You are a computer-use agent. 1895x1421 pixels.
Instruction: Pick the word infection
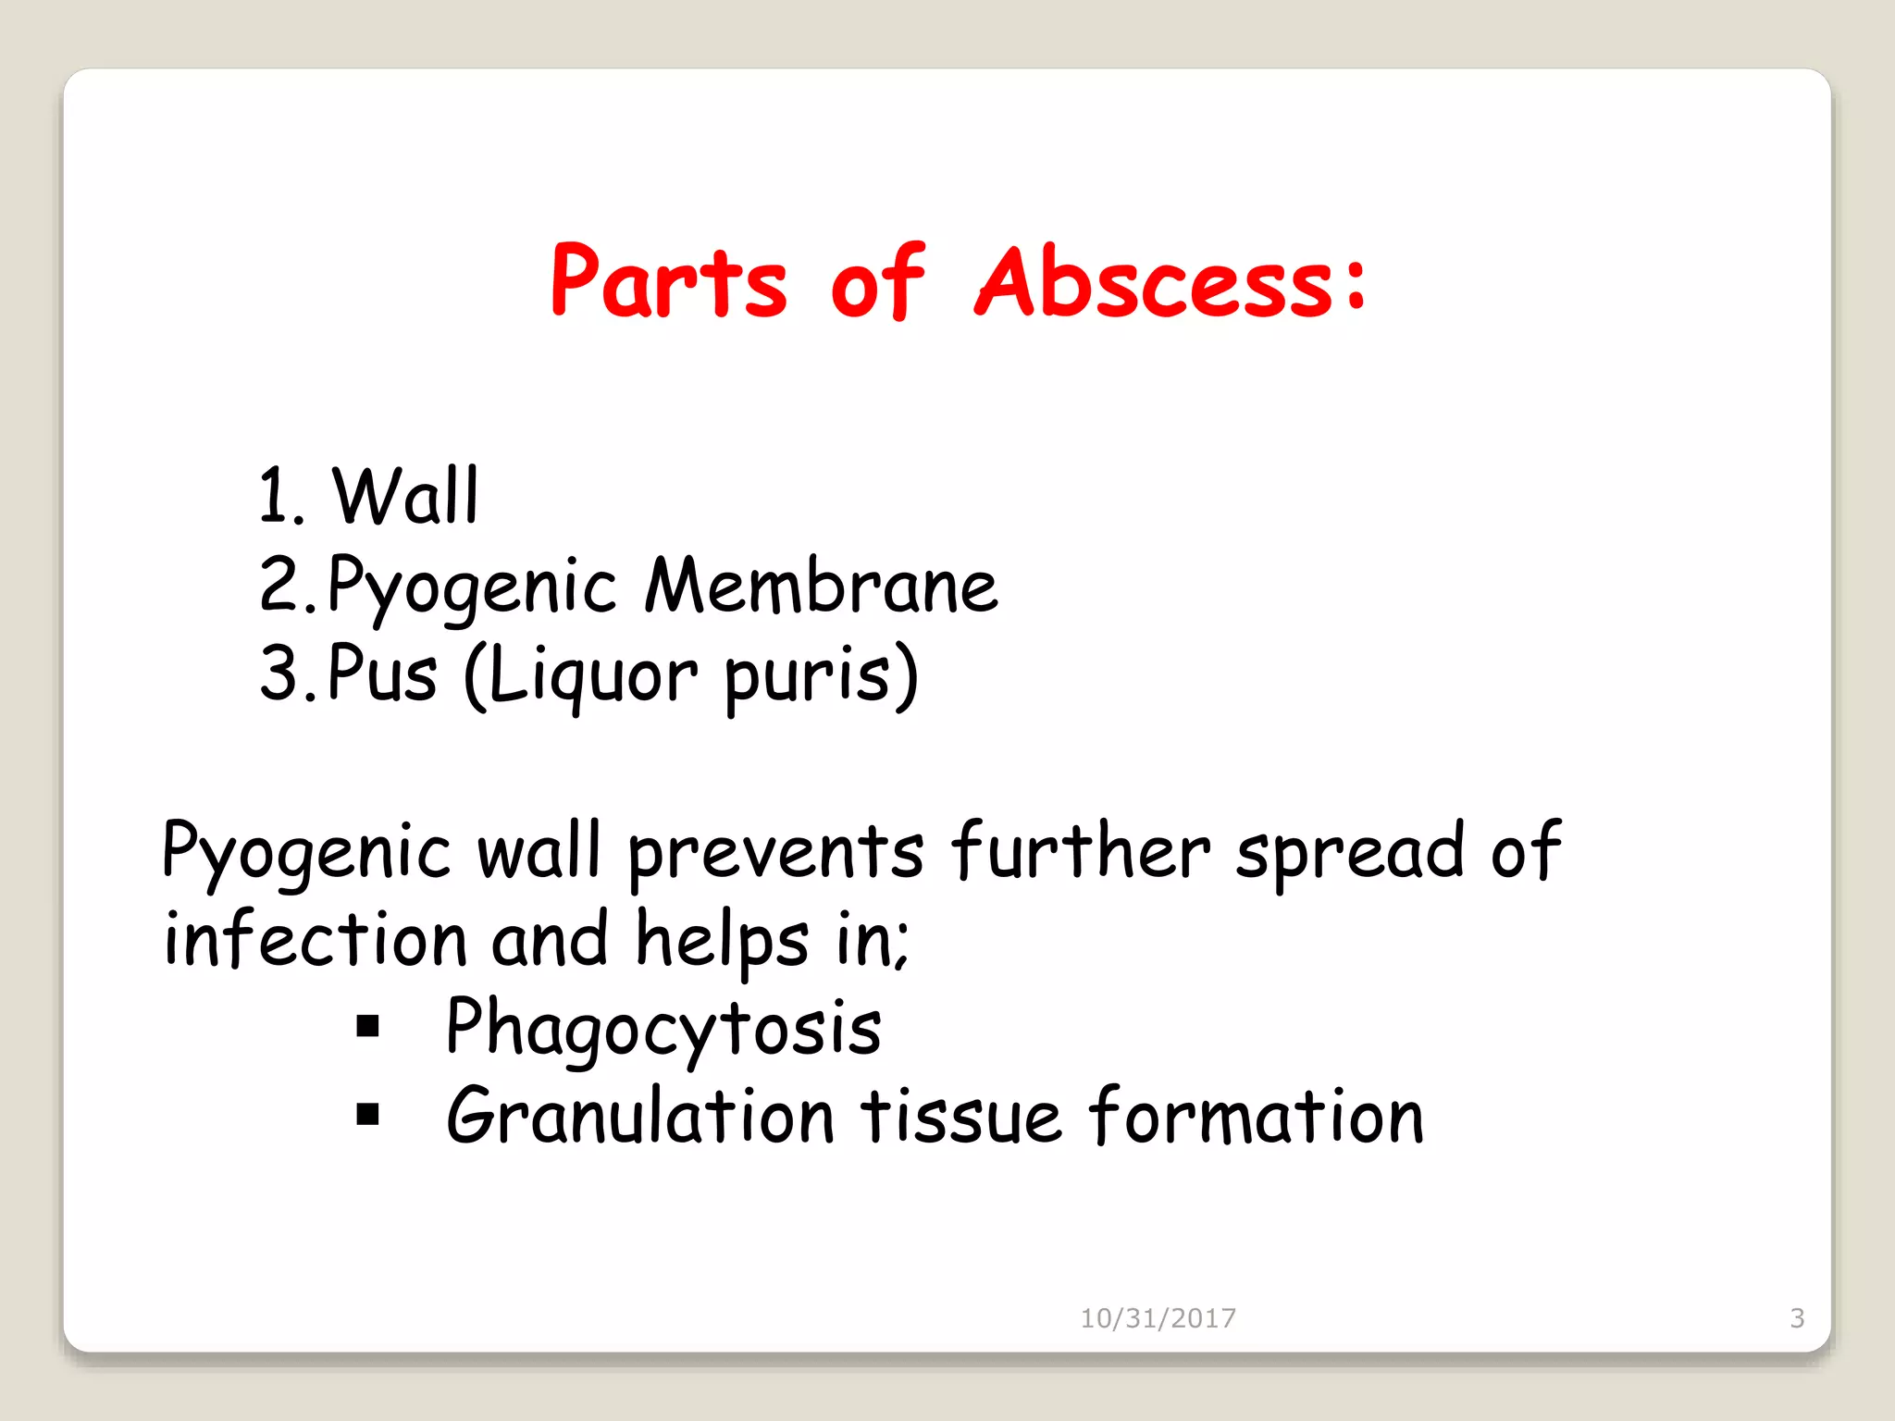point(316,940)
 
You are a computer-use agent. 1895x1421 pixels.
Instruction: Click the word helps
point(722,940)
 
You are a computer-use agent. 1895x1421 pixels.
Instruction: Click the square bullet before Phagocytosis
point(368,1026)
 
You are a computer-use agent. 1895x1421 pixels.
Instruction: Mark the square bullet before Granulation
point(368,1115)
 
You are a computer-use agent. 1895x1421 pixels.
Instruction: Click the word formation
point(1256,1116)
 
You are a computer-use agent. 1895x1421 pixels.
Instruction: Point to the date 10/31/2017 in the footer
point(1158,1318)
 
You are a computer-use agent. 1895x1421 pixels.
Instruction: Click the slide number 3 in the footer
point(1797,1318)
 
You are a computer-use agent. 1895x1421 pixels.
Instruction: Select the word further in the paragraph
point(1080,851)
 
